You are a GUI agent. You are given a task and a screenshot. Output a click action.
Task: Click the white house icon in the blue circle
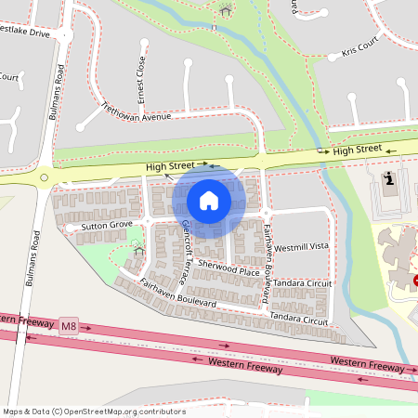coord(209,200)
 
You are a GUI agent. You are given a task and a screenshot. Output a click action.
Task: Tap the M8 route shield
coord(69,326)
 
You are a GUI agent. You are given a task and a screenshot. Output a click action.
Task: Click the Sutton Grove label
coord(106,226)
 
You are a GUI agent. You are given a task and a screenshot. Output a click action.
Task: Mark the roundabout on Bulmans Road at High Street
coord(46,176)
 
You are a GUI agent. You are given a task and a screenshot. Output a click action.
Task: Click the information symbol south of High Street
coord(388,177)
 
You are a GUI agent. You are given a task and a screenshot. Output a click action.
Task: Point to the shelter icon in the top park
coord(226,11)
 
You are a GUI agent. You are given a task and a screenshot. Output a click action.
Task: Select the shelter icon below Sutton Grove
coord(137,248)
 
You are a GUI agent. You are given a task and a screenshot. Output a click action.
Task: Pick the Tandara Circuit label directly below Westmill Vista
coord(301,282)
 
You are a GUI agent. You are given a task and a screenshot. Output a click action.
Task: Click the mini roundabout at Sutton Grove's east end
coord(145,221)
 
